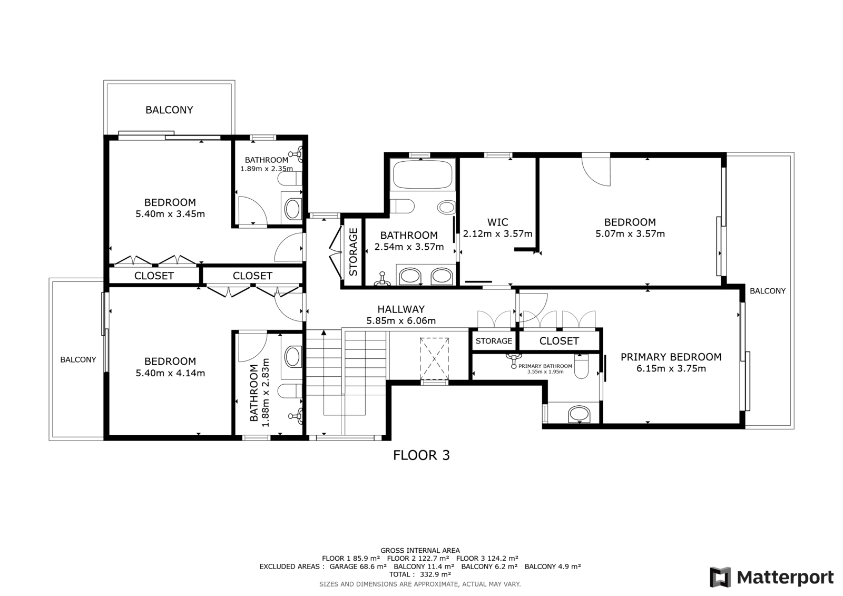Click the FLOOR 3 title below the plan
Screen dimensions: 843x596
421,455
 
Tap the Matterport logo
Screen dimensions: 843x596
771,577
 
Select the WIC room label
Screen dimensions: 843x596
497,222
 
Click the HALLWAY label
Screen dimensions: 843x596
401,309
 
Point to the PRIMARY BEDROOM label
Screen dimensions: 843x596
671,357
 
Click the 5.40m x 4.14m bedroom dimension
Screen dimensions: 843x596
170,373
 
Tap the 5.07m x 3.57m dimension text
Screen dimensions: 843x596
630,234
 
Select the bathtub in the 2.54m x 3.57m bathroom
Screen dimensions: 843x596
422,174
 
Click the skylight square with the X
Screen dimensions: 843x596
434,359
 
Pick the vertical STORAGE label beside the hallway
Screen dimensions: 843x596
353,252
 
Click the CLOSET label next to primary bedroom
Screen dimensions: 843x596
559,341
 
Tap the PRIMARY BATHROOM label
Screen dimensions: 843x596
545,366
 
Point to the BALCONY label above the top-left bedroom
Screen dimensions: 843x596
169,110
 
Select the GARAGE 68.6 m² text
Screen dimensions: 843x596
358,566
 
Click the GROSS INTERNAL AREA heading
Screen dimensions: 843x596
420,551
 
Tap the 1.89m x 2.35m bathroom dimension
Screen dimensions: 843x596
267,169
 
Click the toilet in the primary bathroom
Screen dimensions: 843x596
582,366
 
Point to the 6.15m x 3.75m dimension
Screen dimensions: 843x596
671,368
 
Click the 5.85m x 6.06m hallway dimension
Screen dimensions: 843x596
401,321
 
